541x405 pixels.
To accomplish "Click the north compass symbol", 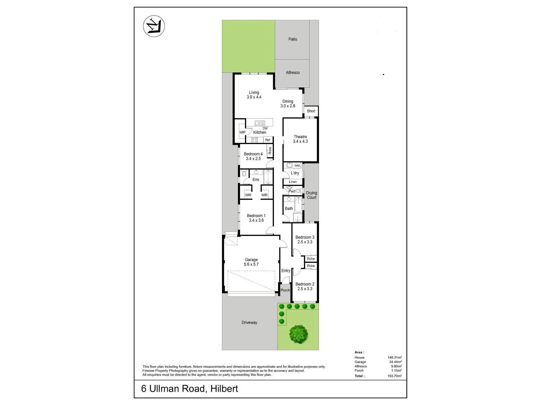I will click(x=154, y=27).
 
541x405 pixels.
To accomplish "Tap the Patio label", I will click(x=293, y=39).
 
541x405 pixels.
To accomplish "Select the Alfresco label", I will click(x=293, y=72).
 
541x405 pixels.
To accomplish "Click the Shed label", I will click(x=311, y=111).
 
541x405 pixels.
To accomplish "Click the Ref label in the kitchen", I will click(x=268, y=140).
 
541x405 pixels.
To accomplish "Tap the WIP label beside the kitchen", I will click(x=242, y=132).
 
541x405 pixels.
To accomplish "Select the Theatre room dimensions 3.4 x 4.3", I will click(x=300, y=141).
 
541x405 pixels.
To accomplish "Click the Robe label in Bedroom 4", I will click(x=270, y=151).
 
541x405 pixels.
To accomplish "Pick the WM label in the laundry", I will click(x=297, y=165).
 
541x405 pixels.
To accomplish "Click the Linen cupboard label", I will click(x=293, y=182).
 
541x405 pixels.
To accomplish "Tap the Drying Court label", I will click(x=311, y=195).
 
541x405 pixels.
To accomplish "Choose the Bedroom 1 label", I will click(x=256, y=216).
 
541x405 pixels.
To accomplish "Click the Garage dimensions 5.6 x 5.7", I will click(x=251, y=264).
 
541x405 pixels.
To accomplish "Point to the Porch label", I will click(x=285, y=290).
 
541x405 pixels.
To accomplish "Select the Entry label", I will click(x=286, y=271).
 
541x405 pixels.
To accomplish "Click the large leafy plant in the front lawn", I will click(x=298, y=334).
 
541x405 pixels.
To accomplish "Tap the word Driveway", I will click(x=249, y=322).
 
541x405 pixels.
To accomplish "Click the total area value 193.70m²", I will click(x=394, y=376).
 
